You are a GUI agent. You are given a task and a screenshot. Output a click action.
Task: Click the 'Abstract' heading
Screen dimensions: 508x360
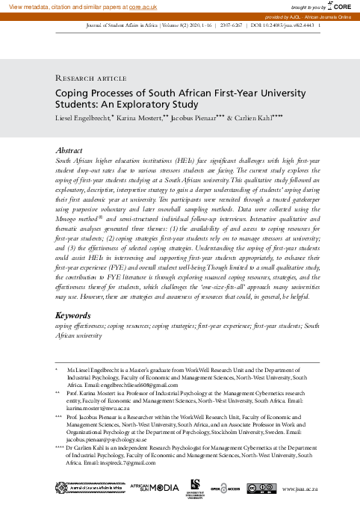click(69, 150)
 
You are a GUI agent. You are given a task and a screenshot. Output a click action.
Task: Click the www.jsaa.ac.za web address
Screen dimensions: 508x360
click(301, 489)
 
